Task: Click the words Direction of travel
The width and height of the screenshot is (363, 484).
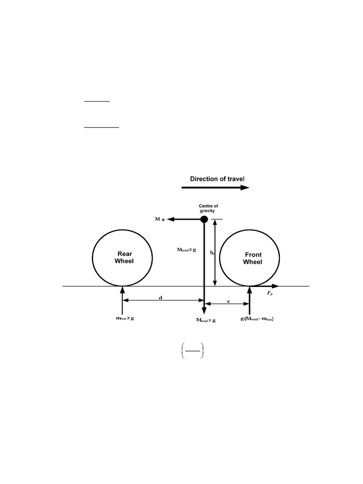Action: (217, 179)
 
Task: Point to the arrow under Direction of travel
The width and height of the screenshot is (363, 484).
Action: (215, 188)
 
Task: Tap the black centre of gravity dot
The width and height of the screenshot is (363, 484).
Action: (204, 219)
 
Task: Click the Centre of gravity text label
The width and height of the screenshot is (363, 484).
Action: (208, 208)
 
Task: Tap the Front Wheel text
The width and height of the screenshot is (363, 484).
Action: (252, 258)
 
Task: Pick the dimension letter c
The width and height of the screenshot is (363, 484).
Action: (229, 300)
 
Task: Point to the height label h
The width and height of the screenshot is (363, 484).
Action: (212, 253)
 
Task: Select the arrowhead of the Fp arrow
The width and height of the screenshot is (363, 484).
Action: (276, 286)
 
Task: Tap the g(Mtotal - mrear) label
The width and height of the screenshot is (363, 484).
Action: (257, 319)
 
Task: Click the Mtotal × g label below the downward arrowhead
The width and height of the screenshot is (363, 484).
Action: (206, 320)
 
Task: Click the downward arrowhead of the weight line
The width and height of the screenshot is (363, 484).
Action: (204, 310)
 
